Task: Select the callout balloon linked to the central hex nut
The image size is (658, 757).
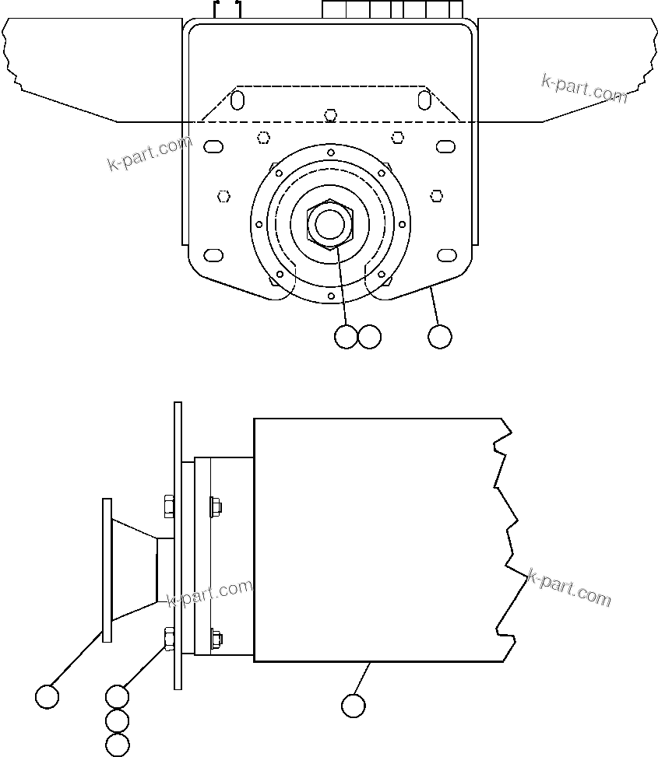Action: [x=345, y=336]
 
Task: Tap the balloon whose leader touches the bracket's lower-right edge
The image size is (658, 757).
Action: [x=440, y=336]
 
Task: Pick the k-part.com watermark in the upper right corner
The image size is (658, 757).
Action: [x=584, y=88]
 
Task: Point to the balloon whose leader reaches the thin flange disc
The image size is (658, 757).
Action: [x=48, y=696]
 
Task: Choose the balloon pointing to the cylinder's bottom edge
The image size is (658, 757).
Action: [x=353, y=706]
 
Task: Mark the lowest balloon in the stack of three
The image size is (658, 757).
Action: [x=117, y=745]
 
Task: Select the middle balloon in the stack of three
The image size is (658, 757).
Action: [x=117, y=720]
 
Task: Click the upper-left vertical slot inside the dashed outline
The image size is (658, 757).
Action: [x=238, y=100]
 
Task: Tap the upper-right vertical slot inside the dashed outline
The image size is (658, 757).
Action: [x=424, y=100]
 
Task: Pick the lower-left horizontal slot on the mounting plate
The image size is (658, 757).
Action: [x=213, y=255]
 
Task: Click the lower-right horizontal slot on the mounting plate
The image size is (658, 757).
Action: [x=446, y=255]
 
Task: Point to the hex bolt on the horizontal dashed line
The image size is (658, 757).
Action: [x=331, y=116]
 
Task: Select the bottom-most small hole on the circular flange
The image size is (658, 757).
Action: [x=331, y=296]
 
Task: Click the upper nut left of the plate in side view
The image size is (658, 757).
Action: [x=169, y=507]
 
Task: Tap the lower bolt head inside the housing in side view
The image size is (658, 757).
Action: [x=215, y=639]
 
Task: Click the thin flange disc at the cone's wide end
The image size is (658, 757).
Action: [x=107, y=570]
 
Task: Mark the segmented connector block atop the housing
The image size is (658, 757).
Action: [x=392, y=9]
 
